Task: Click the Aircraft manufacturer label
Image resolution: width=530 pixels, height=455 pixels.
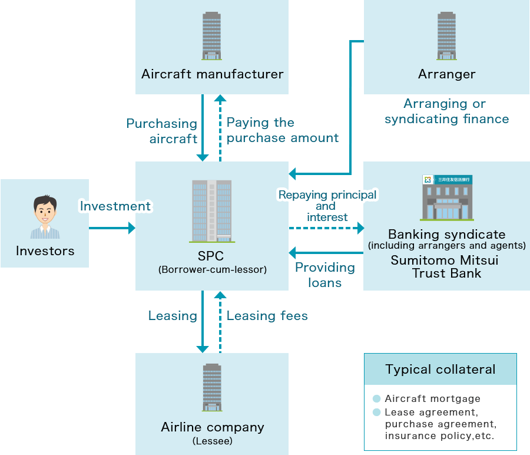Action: [212, 74]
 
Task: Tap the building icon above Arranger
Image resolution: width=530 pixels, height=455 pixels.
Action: [446, 35]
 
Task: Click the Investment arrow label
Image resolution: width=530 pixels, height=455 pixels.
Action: [115, 206]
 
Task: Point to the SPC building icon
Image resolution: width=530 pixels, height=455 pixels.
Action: [212, 211]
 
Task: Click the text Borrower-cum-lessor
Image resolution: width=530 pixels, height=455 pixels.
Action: [212, 270]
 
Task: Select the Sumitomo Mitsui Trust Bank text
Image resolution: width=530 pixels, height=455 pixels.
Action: [446, 266]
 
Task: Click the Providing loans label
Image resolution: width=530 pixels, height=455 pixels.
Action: [325, 275]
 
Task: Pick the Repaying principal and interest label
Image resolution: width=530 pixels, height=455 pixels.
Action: [327, 206]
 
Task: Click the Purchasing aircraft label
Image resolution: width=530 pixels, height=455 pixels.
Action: [162, 131]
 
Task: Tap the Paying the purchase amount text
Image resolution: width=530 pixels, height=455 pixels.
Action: [282, 130]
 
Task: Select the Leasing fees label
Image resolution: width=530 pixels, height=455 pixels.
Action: [267, 316]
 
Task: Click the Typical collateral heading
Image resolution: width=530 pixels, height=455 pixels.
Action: [440, 370]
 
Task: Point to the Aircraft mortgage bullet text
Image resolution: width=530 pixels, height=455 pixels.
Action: [432, 399]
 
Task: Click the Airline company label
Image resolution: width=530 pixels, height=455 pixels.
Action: [212, 427]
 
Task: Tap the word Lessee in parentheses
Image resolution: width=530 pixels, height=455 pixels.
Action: [212, 440]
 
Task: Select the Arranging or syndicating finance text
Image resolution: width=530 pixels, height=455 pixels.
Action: [446, 111]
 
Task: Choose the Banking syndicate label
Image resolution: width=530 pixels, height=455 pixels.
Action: [446, 235]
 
